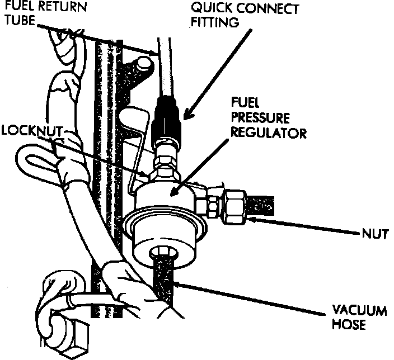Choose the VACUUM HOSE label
358,316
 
